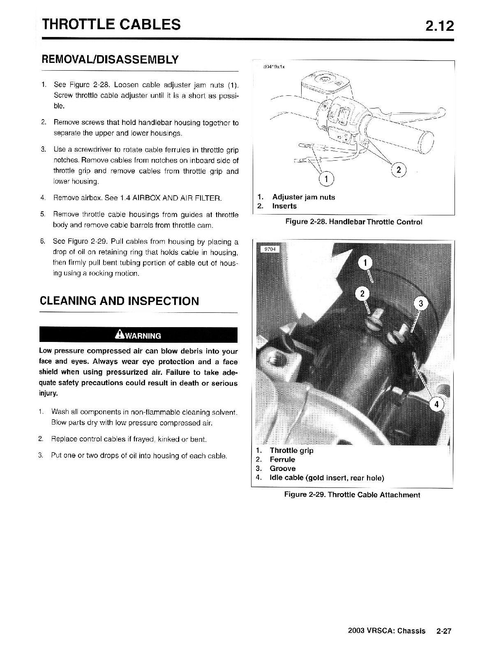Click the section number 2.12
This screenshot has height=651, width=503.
pyautogui.click(x=439, y=26)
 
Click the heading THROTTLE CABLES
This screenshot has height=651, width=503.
pyautogui.click(x=111, y=25)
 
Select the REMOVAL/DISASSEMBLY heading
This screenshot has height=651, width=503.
pyautogui.click(x=110, y=60)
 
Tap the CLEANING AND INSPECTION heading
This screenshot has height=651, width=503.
pyautogui.click(x=119, y=301)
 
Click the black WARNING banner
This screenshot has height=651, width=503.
pyautogui.click(x=138, y=335)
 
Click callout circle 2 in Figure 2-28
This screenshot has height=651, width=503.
pyautogui.click(x=399, y=170)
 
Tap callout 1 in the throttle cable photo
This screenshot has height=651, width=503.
pyautogui.click(x=365, y=263)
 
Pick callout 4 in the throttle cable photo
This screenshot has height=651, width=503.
pyautogui.click(x=436, y=404)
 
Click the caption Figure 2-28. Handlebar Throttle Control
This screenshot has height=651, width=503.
pyautogui.click(x=354, y=222)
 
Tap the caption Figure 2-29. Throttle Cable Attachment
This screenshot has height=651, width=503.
pyautogui.click(x=352, y=495)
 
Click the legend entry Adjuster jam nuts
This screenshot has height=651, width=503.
pyautogui.click(x=303, y=197)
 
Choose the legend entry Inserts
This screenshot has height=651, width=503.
pyautogui.click(x=284, y=206)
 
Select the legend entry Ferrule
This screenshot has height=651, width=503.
pyautogui.click(x=282, y=459)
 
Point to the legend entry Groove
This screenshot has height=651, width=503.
pyautogui.click(x=282, y=469)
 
